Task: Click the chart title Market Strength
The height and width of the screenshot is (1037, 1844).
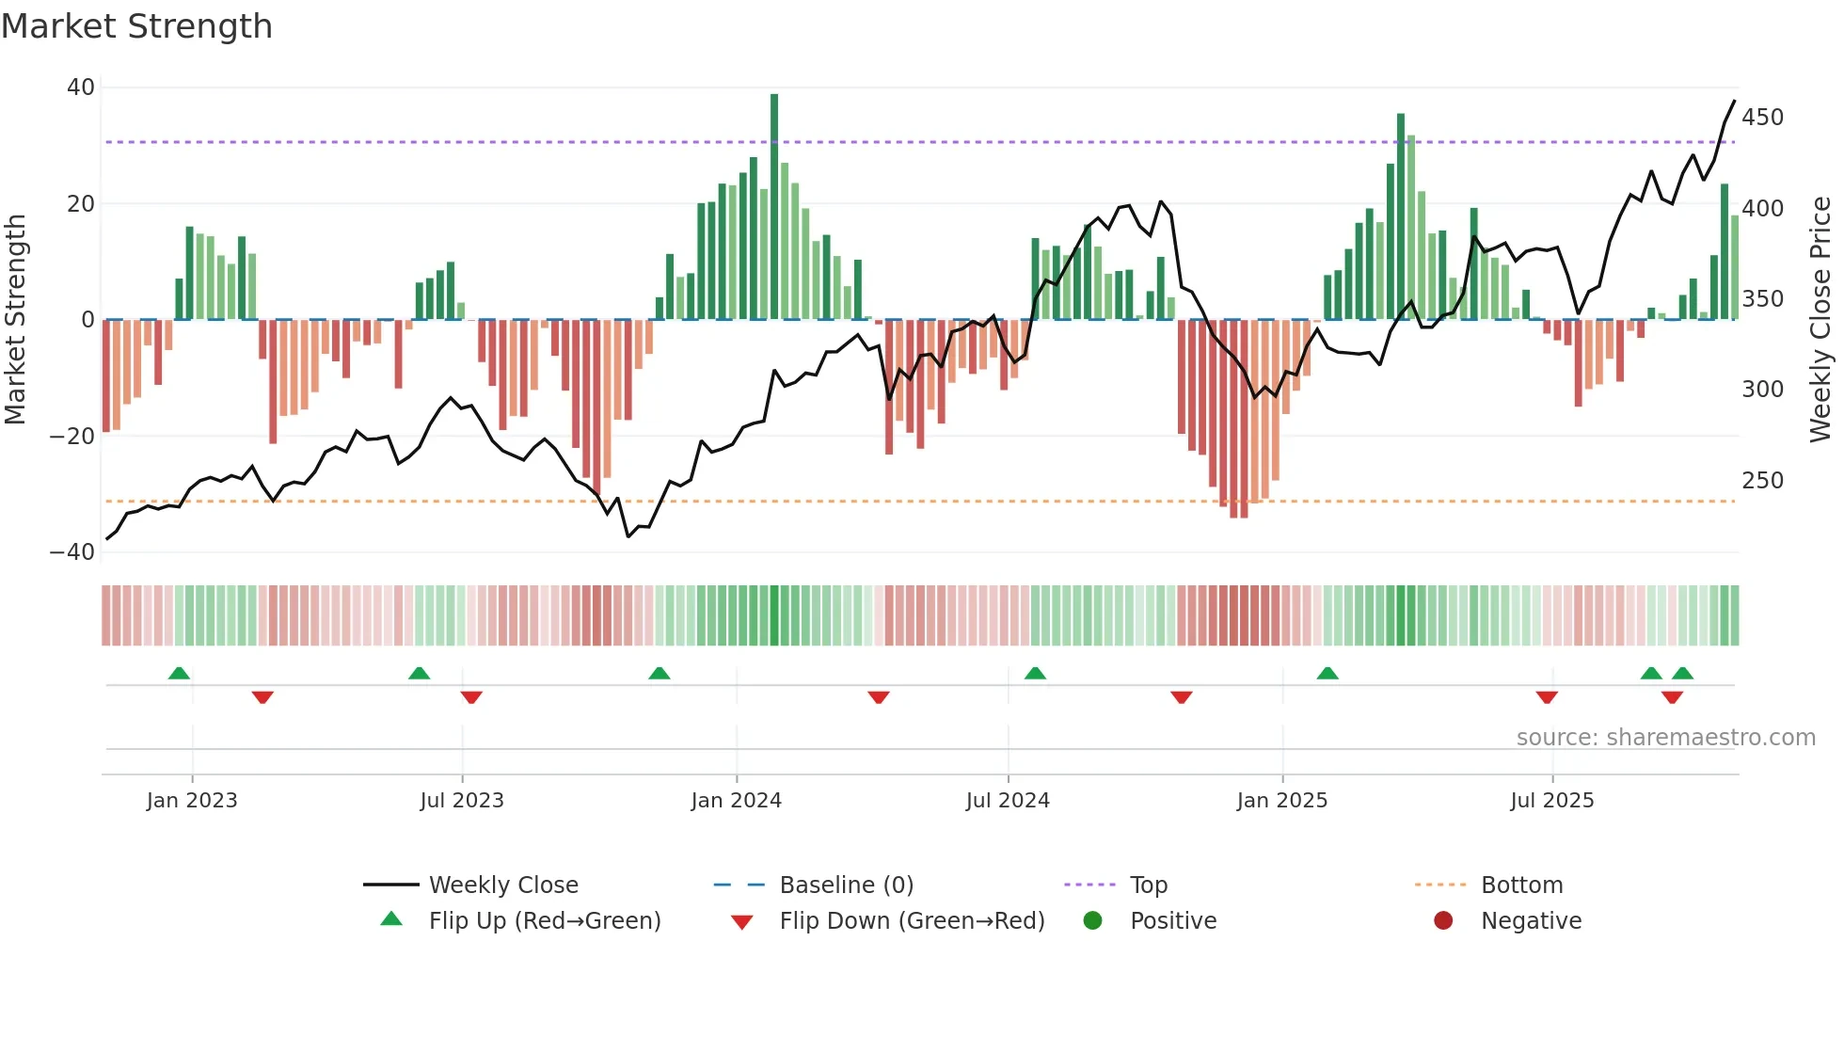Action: pyautogui.click(x=136, y=26)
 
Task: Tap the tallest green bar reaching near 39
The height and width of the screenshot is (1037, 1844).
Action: pyautogui.click(x=774, y=207)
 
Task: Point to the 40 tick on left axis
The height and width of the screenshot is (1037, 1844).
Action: pyautogui.click(x=81, y=88)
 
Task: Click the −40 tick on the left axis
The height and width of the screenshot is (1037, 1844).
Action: pyautogui.click(x=72, y=552)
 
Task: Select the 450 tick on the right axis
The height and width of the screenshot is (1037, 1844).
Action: pyautogui.click(x=1762, y=118)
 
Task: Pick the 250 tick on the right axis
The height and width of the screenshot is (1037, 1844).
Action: pyautogui.click(x=1762, y=481)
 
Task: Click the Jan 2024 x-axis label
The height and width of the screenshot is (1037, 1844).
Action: pyautogui.click(x=736, y=801)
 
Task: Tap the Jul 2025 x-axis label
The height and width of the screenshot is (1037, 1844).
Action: pyautogui.click(x=1551, y=801)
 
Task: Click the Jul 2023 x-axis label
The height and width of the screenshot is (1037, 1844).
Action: pyautogui.click(x=462, y=801)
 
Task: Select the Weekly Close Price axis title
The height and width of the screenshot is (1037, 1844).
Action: pyautogui.click(x=1820, y=320)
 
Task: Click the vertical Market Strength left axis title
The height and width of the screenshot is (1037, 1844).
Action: pyautogui.click(x=15, y=320)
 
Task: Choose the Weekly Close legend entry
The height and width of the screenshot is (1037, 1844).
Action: pyautogui.click(x=503, y=885)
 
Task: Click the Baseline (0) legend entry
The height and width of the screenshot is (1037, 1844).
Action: pyautogui.click(x=846, y=885)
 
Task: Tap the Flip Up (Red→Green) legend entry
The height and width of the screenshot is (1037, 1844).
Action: pyautogui.click(x=544, y=921)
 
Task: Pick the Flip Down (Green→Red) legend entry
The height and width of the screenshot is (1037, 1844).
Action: pyautogui.click(x=911, y=921)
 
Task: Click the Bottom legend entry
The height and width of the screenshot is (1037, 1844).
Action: pyautogui.click(x=1521, y=885)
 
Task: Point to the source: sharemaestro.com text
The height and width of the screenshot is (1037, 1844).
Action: pyautogui.click(x=1665, y=738)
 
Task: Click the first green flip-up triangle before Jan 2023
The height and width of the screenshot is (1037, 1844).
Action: pyautogui.click(x=179, y=674)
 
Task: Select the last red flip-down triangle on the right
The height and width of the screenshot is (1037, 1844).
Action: pyautogui.click(x=1672, y=697)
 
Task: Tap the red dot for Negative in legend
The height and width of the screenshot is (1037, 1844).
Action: pyautogui.click(x=1443, y=921)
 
